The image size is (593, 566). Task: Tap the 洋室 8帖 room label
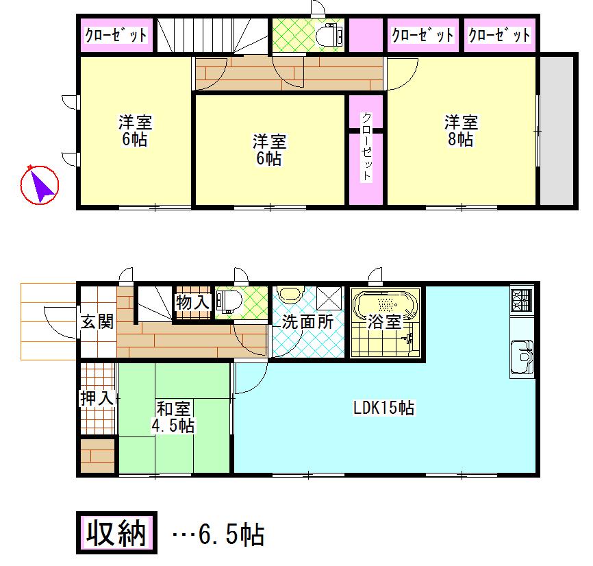(x=461, y=131)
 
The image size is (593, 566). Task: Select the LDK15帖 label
(x=383, y=408)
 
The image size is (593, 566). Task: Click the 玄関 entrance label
(x=96, y=322)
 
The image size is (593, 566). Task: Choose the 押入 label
(x=97, y=398)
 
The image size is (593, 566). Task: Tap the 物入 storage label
(x=192, y=302)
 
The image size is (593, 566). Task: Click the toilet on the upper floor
(x=331, y=35)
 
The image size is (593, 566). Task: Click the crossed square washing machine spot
(x=329, y=297)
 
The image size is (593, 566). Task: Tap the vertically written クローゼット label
(x=366, y=147)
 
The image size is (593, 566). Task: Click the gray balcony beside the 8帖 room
(x=557, y=130)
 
